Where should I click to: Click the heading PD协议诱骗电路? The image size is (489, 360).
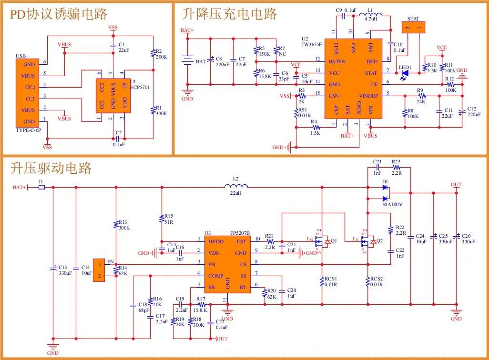59,14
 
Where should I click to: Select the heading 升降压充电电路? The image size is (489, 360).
229,14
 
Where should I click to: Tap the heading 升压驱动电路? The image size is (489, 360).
51,168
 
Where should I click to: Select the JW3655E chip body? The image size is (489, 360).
353,79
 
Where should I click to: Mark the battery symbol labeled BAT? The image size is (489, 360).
187,61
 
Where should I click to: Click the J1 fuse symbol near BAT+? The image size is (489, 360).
41,187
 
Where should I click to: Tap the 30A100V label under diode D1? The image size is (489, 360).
392,205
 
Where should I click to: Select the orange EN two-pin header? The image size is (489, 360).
99,270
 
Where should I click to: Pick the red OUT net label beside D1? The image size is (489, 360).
456,184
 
